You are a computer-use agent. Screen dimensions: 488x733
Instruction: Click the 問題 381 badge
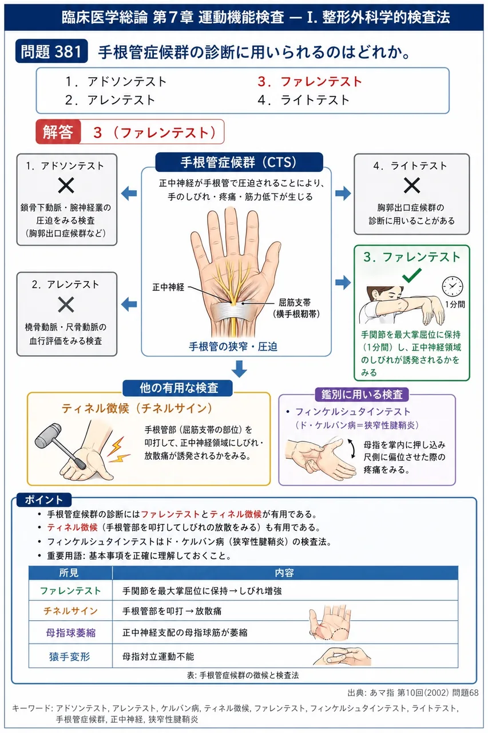coord(51,51)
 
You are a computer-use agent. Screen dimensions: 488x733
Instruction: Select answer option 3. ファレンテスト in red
coord(309,81)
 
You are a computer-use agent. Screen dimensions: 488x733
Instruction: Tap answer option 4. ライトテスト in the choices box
coord(303,100)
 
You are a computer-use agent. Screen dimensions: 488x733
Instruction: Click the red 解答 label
coord(58,132)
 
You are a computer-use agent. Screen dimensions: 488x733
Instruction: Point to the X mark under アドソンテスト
coord(66,186)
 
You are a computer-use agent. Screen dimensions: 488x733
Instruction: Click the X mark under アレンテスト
coord(66,304)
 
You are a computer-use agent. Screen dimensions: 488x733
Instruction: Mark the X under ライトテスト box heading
coord(411,186)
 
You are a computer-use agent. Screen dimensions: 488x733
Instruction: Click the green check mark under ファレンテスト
coord(412,275)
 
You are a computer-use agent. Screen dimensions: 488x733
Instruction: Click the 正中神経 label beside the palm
coord(168,287)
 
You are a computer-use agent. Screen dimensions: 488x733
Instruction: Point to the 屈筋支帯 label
coord(295,302)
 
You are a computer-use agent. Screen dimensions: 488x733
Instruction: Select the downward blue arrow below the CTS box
coord(239,369)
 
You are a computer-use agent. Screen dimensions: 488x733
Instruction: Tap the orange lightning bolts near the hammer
coord(118,450)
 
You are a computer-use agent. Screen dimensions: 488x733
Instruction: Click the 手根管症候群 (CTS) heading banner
coord(239,162)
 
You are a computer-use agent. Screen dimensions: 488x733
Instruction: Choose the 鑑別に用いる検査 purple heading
coord(362,394)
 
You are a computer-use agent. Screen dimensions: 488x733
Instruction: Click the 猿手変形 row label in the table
coord(70,656)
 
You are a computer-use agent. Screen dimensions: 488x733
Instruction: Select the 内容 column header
coord(284,572)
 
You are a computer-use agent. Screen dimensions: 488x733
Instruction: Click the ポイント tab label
coord(44,500)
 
